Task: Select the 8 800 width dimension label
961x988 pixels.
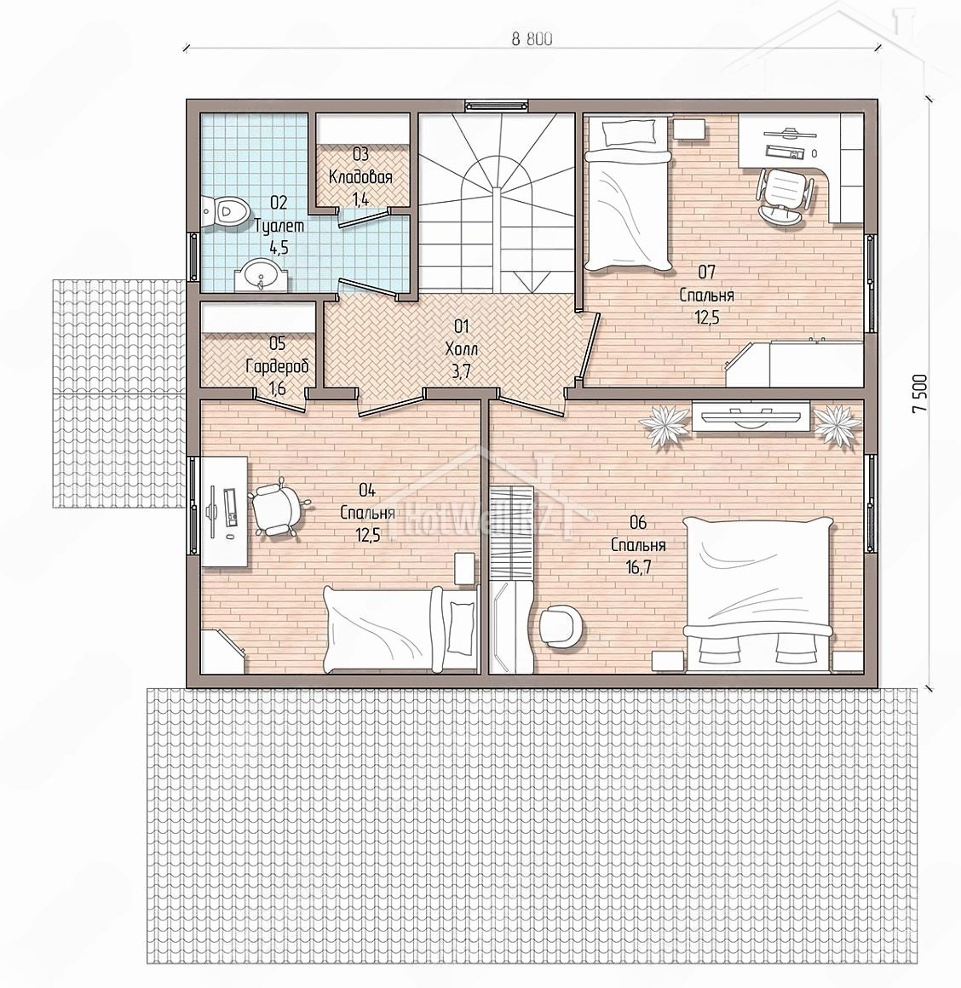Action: tap(532, 39)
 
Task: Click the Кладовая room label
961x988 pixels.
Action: tap(360, 177)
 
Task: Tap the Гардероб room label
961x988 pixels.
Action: tap(277, 365)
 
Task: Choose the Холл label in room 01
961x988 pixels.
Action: tap(462, 348)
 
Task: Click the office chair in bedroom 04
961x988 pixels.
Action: tap(278, 509)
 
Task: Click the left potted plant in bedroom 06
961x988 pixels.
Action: tap(665, 425)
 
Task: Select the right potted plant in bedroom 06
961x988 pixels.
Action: tap(838, 425)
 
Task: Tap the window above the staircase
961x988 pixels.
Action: tap(495, 106)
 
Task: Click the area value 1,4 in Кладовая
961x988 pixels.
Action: tap(360, 200)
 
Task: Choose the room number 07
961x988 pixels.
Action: tap(706, 273)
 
